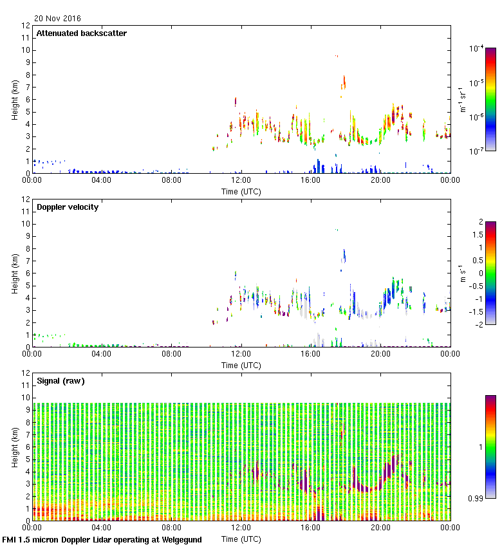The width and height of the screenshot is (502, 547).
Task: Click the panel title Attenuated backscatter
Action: [x=81, y=33]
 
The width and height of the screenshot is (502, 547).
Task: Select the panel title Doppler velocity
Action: [x=68, y=207]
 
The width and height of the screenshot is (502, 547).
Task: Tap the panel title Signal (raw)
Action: [x=60, y=381]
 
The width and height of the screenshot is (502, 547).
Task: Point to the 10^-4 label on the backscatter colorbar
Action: [x=477, y=48]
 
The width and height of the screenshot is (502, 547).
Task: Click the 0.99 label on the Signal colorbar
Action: [x=476, y=498]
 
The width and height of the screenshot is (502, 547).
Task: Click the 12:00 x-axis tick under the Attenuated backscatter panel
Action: [x=241, y=181]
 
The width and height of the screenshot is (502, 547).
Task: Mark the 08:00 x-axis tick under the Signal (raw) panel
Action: [x=171, y=528]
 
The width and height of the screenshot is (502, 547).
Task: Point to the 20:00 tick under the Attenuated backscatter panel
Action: [x=380, y=181]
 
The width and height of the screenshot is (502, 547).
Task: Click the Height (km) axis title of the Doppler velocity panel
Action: [x=15, y=273]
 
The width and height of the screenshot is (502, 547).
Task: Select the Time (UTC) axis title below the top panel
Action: [x=241, y=191]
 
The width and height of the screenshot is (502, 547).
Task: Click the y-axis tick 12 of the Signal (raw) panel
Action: [x=26, y=373]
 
